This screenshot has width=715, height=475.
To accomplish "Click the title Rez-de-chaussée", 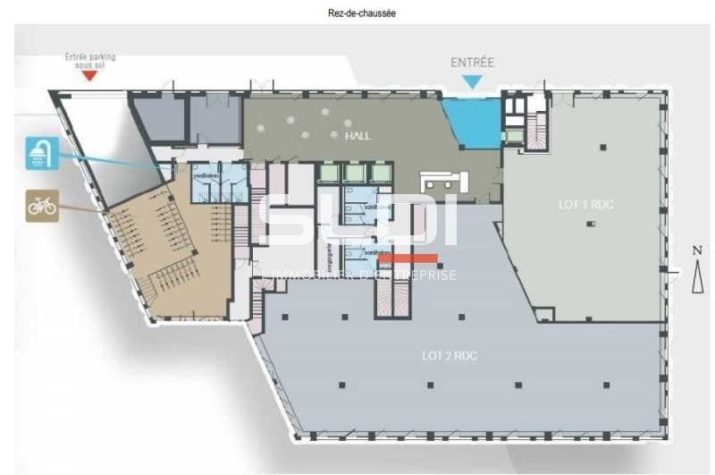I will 362,13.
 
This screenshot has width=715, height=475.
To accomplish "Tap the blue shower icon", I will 42,153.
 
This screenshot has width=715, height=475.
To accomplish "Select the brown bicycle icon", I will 42,206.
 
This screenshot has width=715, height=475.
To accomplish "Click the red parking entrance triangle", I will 89,76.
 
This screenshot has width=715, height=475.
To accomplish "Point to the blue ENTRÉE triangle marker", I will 472,81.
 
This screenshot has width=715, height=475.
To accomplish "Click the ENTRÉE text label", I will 472,63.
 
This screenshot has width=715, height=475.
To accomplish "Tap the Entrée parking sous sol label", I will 90,61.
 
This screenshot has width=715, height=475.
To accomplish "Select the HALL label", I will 357,136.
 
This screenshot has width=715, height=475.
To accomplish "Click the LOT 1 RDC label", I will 586,205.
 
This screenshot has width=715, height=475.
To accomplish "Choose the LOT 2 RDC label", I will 450,356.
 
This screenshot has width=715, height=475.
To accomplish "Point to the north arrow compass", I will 696,280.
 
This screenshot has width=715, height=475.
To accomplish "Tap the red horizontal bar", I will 408,259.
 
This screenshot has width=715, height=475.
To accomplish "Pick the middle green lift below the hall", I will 356,172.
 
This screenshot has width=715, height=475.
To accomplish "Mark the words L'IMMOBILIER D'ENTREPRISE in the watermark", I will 357,275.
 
